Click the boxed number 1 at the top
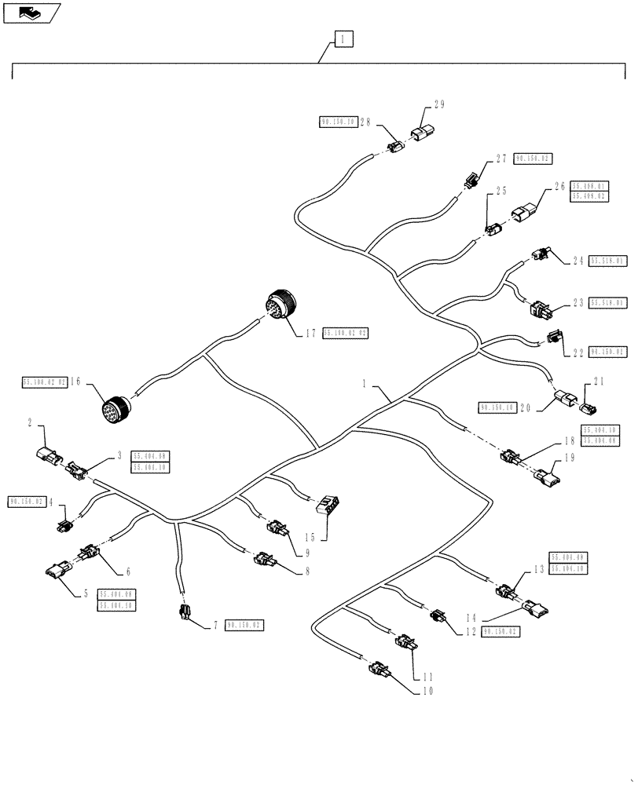[x=343, y=38]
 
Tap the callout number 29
[x=439, y=104]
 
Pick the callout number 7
[x=215, y=626]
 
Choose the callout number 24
[x=578, y=260]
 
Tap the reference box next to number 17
[x=344, y=334]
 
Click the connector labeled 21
[x=588, y=407]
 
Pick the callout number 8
[x=306, y=572]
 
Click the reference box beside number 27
[x=533, y=159]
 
